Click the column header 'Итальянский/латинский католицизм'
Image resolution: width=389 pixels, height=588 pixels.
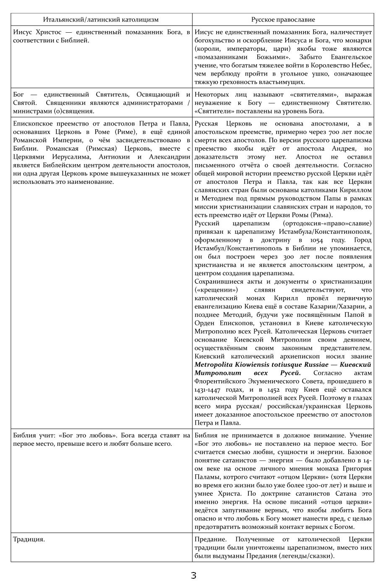[101, 20]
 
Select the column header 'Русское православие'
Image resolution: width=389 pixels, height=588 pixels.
[283, 20]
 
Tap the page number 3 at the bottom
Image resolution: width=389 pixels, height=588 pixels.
[193, 575]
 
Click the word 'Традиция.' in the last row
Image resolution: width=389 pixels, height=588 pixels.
[29, 539]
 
